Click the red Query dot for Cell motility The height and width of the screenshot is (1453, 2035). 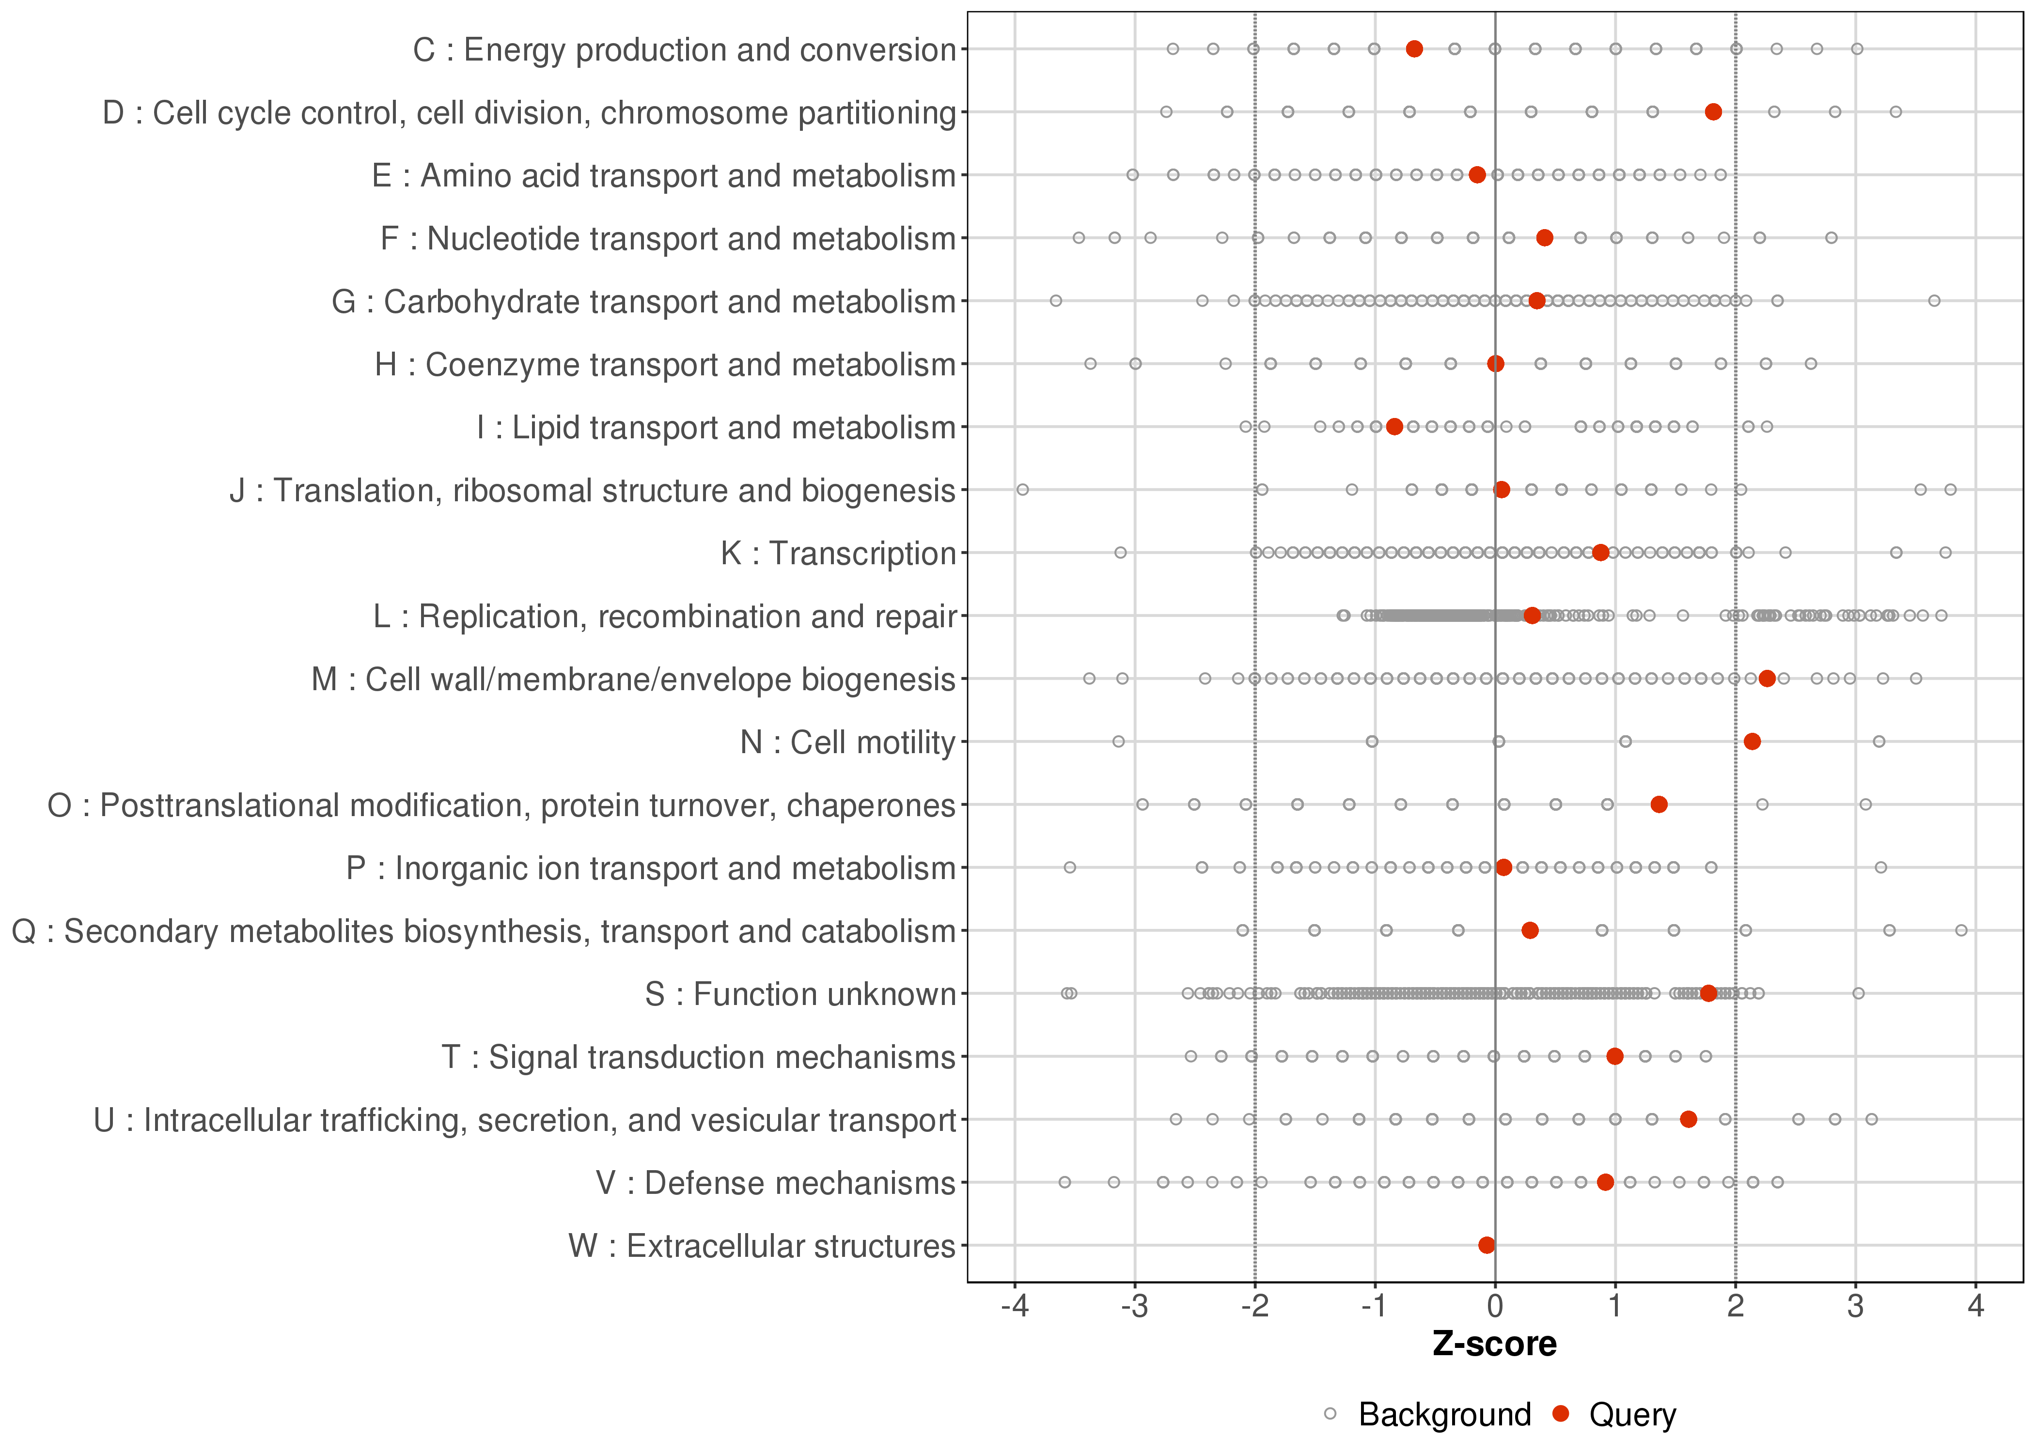(1752, 741)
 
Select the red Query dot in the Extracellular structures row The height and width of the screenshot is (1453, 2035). (1487, 1245)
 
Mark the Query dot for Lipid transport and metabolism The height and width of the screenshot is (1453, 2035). (1394, 427)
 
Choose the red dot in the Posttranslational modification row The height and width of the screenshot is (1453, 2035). (1658, 804)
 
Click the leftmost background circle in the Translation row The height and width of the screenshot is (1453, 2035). (1023, 489)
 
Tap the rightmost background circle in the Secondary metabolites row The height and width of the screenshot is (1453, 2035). (1961, 930)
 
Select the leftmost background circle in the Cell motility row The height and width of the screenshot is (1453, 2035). (1118, 741)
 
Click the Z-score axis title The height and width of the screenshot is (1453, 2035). (1494, 1345)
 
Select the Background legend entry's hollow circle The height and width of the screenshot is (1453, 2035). (1330, 1415)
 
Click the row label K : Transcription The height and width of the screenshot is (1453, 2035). (838, 554)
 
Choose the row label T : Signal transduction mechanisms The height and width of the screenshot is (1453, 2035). (698, 1057)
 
